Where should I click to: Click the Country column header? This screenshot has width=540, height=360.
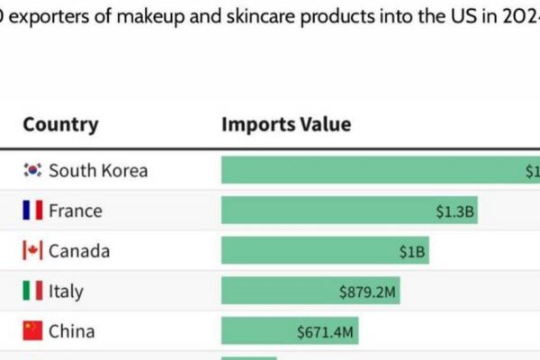(x=60, y=125)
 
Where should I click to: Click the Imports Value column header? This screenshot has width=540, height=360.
(x=286, y=125)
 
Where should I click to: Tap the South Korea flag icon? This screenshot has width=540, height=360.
(x=32, y=170)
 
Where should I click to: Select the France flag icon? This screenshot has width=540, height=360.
(x=32, y=211)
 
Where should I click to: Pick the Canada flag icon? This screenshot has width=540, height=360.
(x=32, y=251)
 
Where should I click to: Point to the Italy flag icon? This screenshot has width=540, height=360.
(x=32, y=291)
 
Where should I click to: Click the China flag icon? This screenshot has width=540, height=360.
(x=32, y=331)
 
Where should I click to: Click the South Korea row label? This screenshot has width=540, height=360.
(x=98, y=170)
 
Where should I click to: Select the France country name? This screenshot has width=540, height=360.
(x=76, y=211)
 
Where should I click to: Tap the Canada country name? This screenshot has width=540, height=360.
(x=79, y=251)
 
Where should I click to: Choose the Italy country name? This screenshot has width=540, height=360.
(x=66, y=291)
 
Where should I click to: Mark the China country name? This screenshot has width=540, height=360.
(x=71, y=331)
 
